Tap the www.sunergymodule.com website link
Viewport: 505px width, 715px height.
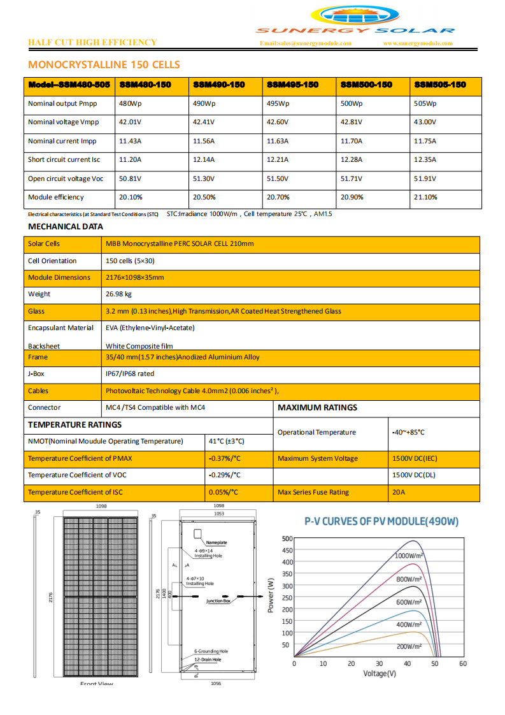pos(418,43)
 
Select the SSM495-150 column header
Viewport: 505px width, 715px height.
pos(292,85)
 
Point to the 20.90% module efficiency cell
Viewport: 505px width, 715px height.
pos(352,197)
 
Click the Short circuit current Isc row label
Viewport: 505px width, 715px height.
pos(64,159)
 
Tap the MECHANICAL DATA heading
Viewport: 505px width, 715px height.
pos(65,226)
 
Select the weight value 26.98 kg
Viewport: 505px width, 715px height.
pos(118,294)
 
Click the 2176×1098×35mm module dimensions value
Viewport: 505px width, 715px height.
pos(134,277)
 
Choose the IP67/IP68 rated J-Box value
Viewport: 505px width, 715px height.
pos(129,373)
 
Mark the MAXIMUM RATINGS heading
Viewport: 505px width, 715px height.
pos(317,407)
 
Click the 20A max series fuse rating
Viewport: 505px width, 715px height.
pos(399,492)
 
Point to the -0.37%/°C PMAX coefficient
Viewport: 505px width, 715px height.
pos(224,458)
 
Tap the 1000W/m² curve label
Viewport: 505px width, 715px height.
pos(409,556)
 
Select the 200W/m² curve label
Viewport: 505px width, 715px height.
pos(409,646)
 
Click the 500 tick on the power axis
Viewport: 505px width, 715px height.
pos(287,538)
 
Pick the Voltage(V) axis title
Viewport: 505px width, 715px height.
pos(380,673)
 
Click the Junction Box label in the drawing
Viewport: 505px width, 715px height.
pos(218,601)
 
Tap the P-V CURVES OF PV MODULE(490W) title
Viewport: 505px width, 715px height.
pos(381,521)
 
